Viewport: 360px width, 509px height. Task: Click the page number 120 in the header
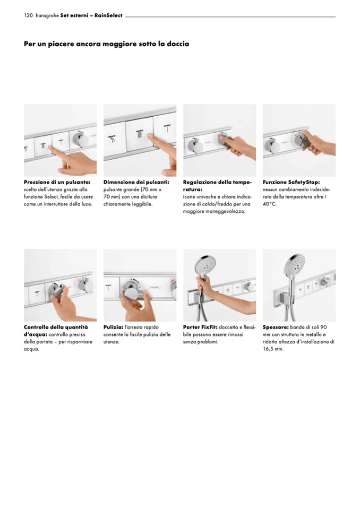pos(28,15)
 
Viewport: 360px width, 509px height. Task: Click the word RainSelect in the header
pos(108,15)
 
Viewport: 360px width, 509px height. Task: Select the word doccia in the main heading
pos(178,44)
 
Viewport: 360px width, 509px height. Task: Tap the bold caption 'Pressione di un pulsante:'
pos(57,182)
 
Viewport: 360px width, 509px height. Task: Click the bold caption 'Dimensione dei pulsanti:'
pos(136,182)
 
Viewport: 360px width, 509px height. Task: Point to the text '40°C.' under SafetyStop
pos(270,204)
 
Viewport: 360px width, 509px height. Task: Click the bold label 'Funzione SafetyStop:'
pos(291,182)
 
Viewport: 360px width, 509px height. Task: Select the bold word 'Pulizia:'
pos(113,327)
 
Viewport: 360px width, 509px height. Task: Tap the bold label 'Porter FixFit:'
pos(200,327)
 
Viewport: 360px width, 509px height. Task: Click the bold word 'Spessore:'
pos(276,327)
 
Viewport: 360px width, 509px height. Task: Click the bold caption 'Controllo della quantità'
pos(56,327)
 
